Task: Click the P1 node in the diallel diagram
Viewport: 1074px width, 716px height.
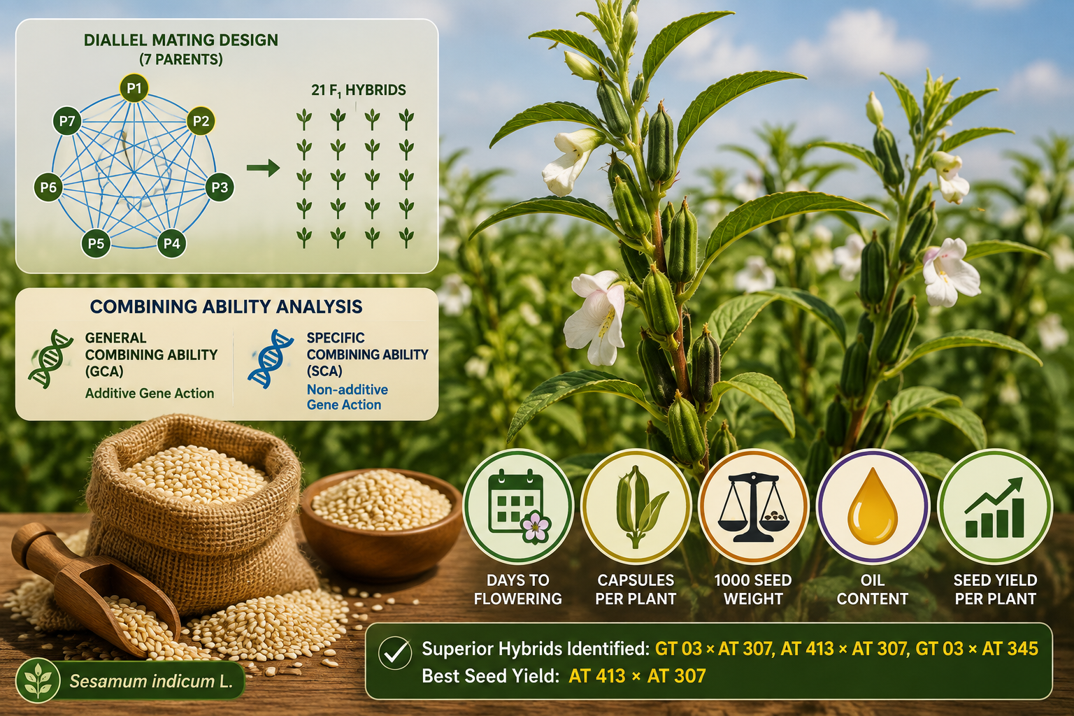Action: coord(134,88)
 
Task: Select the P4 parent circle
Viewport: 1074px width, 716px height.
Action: coord(171,243)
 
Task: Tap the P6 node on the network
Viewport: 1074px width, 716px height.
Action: coord(48,187)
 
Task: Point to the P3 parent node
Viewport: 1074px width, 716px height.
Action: coord(220,187)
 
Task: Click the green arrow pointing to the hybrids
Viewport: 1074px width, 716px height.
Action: coord(263,168)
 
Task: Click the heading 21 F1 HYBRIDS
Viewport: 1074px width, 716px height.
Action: coord(359,90)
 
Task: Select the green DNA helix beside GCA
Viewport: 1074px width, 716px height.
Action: coord(50,358)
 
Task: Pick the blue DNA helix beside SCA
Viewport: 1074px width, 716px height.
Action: coord(271,358)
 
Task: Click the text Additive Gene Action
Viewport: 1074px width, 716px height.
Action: coord(150,393)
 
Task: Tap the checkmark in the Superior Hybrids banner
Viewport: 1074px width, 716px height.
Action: coord(394,653)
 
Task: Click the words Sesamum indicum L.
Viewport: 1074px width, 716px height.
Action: coord(151,681)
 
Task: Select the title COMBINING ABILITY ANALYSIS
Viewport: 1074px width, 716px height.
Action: coord(226,306)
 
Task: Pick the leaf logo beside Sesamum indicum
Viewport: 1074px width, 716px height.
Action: coord(38,681)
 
